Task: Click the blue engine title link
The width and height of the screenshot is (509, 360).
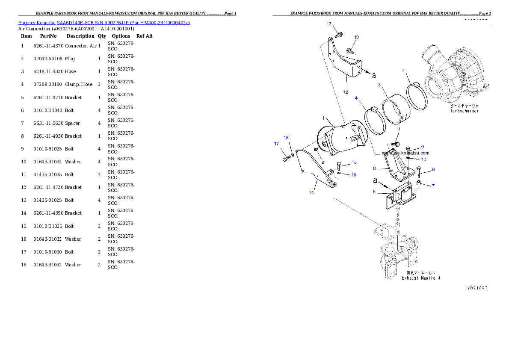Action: pos(104,22)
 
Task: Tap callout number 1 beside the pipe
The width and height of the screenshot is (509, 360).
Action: pos(324,118)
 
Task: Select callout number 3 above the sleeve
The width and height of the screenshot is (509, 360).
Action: pos(379,85)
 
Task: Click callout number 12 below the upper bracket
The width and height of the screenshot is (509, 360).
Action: pos(346,92)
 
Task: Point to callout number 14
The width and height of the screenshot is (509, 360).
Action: pos(312,192)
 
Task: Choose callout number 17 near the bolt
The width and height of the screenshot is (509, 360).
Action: pos(276,144)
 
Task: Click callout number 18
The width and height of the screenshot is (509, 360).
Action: pos(287,138)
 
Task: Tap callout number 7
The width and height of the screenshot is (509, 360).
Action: pos(433,186)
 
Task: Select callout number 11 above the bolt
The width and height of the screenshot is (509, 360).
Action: pos(397,129)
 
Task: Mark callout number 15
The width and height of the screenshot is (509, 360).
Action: pos(354,162)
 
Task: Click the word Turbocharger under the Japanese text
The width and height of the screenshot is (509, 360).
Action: pos(464,111)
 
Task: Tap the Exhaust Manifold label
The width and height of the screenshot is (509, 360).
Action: pos(420,278)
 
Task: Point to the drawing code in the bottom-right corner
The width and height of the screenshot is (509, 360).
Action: pos(476,288)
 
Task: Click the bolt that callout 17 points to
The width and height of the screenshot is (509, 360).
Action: pos(286,159)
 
